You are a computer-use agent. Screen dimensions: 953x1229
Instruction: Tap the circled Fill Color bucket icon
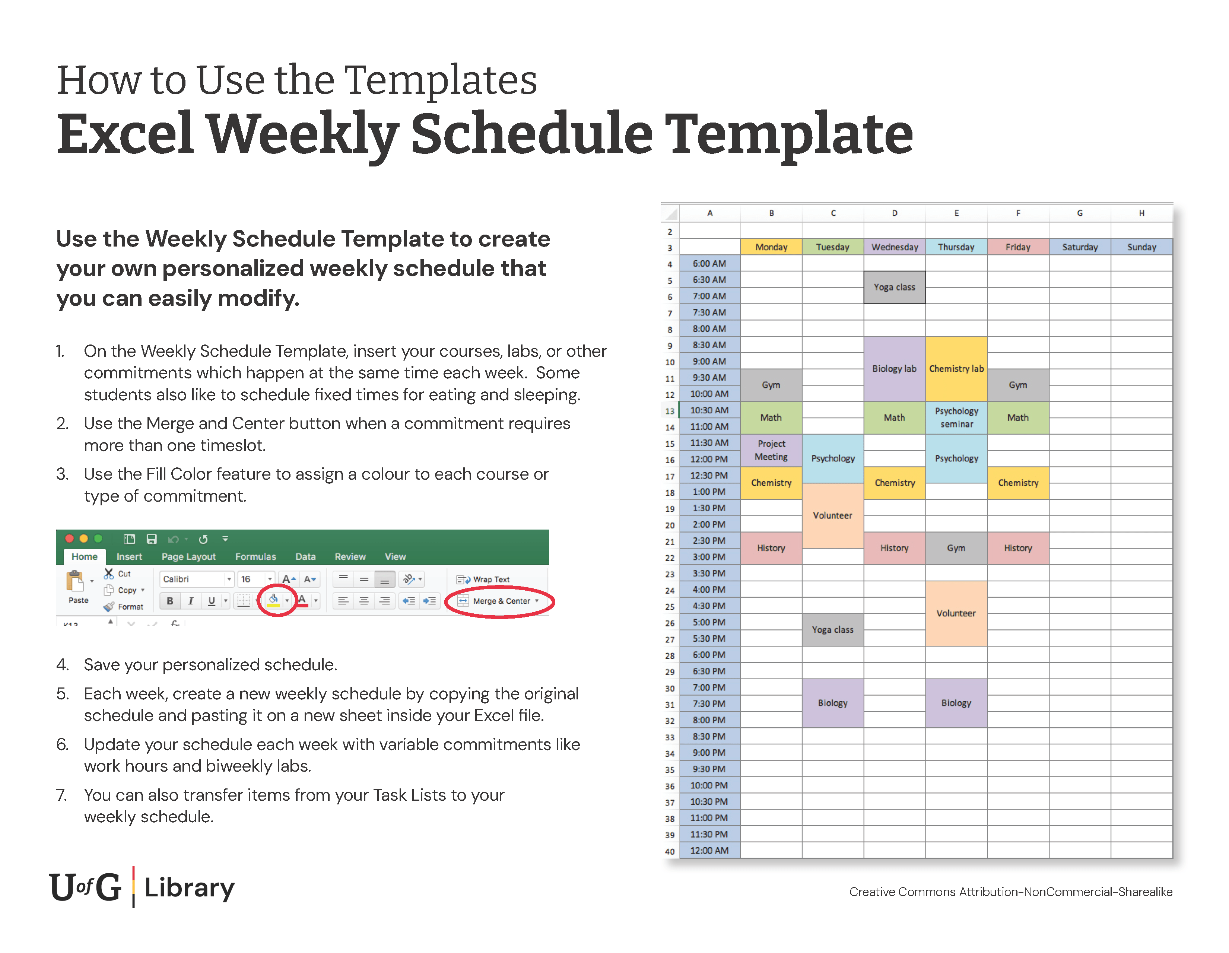click(x=273, y=600)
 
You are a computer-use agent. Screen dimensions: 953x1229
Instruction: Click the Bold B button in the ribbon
click(x=170, y=601)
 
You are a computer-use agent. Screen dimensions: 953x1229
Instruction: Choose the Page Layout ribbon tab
click(x=188, y=556)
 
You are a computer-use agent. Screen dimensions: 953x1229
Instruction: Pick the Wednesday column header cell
click(x=894, y=247)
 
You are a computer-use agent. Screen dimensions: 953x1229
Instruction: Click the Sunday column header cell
click(x=1141, y=247)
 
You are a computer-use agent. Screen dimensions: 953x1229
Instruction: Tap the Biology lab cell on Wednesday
click(x=894, y=368)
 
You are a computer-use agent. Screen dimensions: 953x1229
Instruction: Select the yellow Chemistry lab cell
click(x=956, y=368)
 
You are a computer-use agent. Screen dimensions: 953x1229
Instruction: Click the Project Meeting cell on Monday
click(x=771, y=450)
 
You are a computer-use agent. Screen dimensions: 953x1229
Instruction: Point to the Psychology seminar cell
click(x=956, y=417)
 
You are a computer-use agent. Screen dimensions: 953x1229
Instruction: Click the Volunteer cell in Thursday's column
click(x=956, y=613)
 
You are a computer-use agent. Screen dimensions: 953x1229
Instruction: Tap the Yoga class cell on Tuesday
click(x=832, y=629)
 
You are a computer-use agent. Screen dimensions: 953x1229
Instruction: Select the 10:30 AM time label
click(x=709, y=410)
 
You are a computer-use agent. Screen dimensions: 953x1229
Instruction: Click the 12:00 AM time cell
click(x=709, y=850)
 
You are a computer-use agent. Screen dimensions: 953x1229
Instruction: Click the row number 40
click(x=670, y=851)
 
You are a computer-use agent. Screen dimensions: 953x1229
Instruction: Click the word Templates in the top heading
click(x=440, y=80)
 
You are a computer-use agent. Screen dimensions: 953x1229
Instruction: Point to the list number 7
click(x=61, y=795)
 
